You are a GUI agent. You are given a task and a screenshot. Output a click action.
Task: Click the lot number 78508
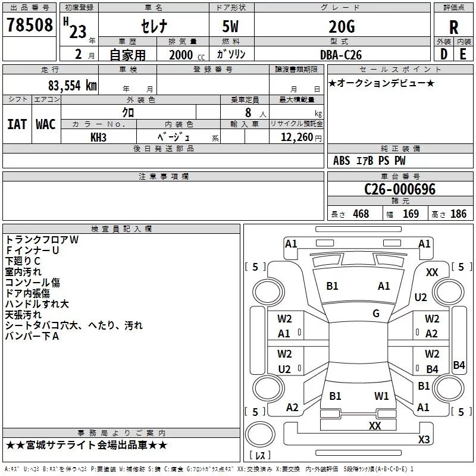pos(29,26)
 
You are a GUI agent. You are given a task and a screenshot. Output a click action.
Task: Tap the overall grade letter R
pos(453,27)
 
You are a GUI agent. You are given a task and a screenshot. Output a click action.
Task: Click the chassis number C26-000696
pos(400,189)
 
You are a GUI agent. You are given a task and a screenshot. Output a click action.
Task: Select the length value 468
pos(360,214)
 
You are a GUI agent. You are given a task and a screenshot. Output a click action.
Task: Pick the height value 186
pos(458,214)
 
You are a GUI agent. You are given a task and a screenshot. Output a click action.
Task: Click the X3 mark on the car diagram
pos(424,439)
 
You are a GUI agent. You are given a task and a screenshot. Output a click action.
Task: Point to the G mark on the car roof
pos(376,314)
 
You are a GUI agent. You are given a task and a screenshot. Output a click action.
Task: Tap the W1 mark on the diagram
pos(381,396)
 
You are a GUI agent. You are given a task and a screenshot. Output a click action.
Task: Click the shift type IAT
pos(17,124)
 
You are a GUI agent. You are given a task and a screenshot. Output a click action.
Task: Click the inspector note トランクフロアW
pos(42,239)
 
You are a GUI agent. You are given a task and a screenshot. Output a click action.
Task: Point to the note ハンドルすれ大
pos(37,304)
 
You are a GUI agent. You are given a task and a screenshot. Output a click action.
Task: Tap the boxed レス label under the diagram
pos(259,456)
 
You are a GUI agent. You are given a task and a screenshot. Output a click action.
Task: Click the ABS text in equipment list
pos(342,161)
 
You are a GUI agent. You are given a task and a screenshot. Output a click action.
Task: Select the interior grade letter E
pos(463,54)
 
